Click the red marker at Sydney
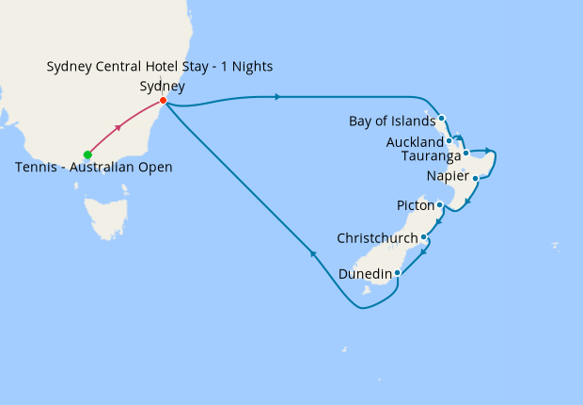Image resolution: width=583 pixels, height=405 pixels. (164, 101)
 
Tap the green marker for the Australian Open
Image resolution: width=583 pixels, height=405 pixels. (87, 154)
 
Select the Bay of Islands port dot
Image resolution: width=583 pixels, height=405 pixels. (441, 119)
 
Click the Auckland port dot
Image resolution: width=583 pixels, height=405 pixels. (449, 141)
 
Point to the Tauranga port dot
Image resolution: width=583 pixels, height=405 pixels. (466, 153)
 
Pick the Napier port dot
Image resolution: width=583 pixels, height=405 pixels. (476, 177)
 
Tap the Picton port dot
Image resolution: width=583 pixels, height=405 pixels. (440, 204)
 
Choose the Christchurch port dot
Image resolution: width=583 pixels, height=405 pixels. (424, 236)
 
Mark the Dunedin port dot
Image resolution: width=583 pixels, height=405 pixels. (398, 273)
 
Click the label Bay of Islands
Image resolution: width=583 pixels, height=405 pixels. (391, 121)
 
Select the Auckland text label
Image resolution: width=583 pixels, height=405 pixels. (414, 142)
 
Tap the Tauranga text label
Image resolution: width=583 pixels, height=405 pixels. (430, 155)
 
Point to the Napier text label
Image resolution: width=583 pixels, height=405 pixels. (447, 176)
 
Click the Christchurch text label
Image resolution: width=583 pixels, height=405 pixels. (378, 237)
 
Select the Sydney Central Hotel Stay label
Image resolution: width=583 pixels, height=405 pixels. (160, 66)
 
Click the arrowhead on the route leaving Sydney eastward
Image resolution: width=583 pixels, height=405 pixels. (277, 96)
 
